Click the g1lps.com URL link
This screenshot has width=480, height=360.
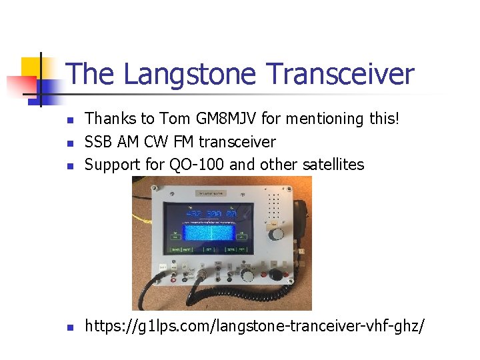(x=254, y=327)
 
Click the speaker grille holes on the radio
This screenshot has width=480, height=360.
(x=275, y=207)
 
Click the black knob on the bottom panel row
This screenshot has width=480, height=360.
(x=274, y=275)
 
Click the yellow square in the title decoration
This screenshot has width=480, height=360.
(x=31, y=67)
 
